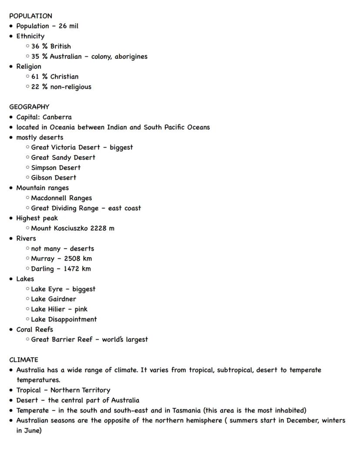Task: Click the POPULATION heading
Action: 30,16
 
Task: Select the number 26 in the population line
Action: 63,26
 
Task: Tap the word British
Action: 60,46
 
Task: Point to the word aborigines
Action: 131,57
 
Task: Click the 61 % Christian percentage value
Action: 36,77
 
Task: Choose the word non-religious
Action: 71,87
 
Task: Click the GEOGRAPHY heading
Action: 29,107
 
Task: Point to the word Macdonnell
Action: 49,198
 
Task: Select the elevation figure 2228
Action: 99,228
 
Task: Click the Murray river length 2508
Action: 73,258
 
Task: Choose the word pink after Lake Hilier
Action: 81,309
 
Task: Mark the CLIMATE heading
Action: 23,360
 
